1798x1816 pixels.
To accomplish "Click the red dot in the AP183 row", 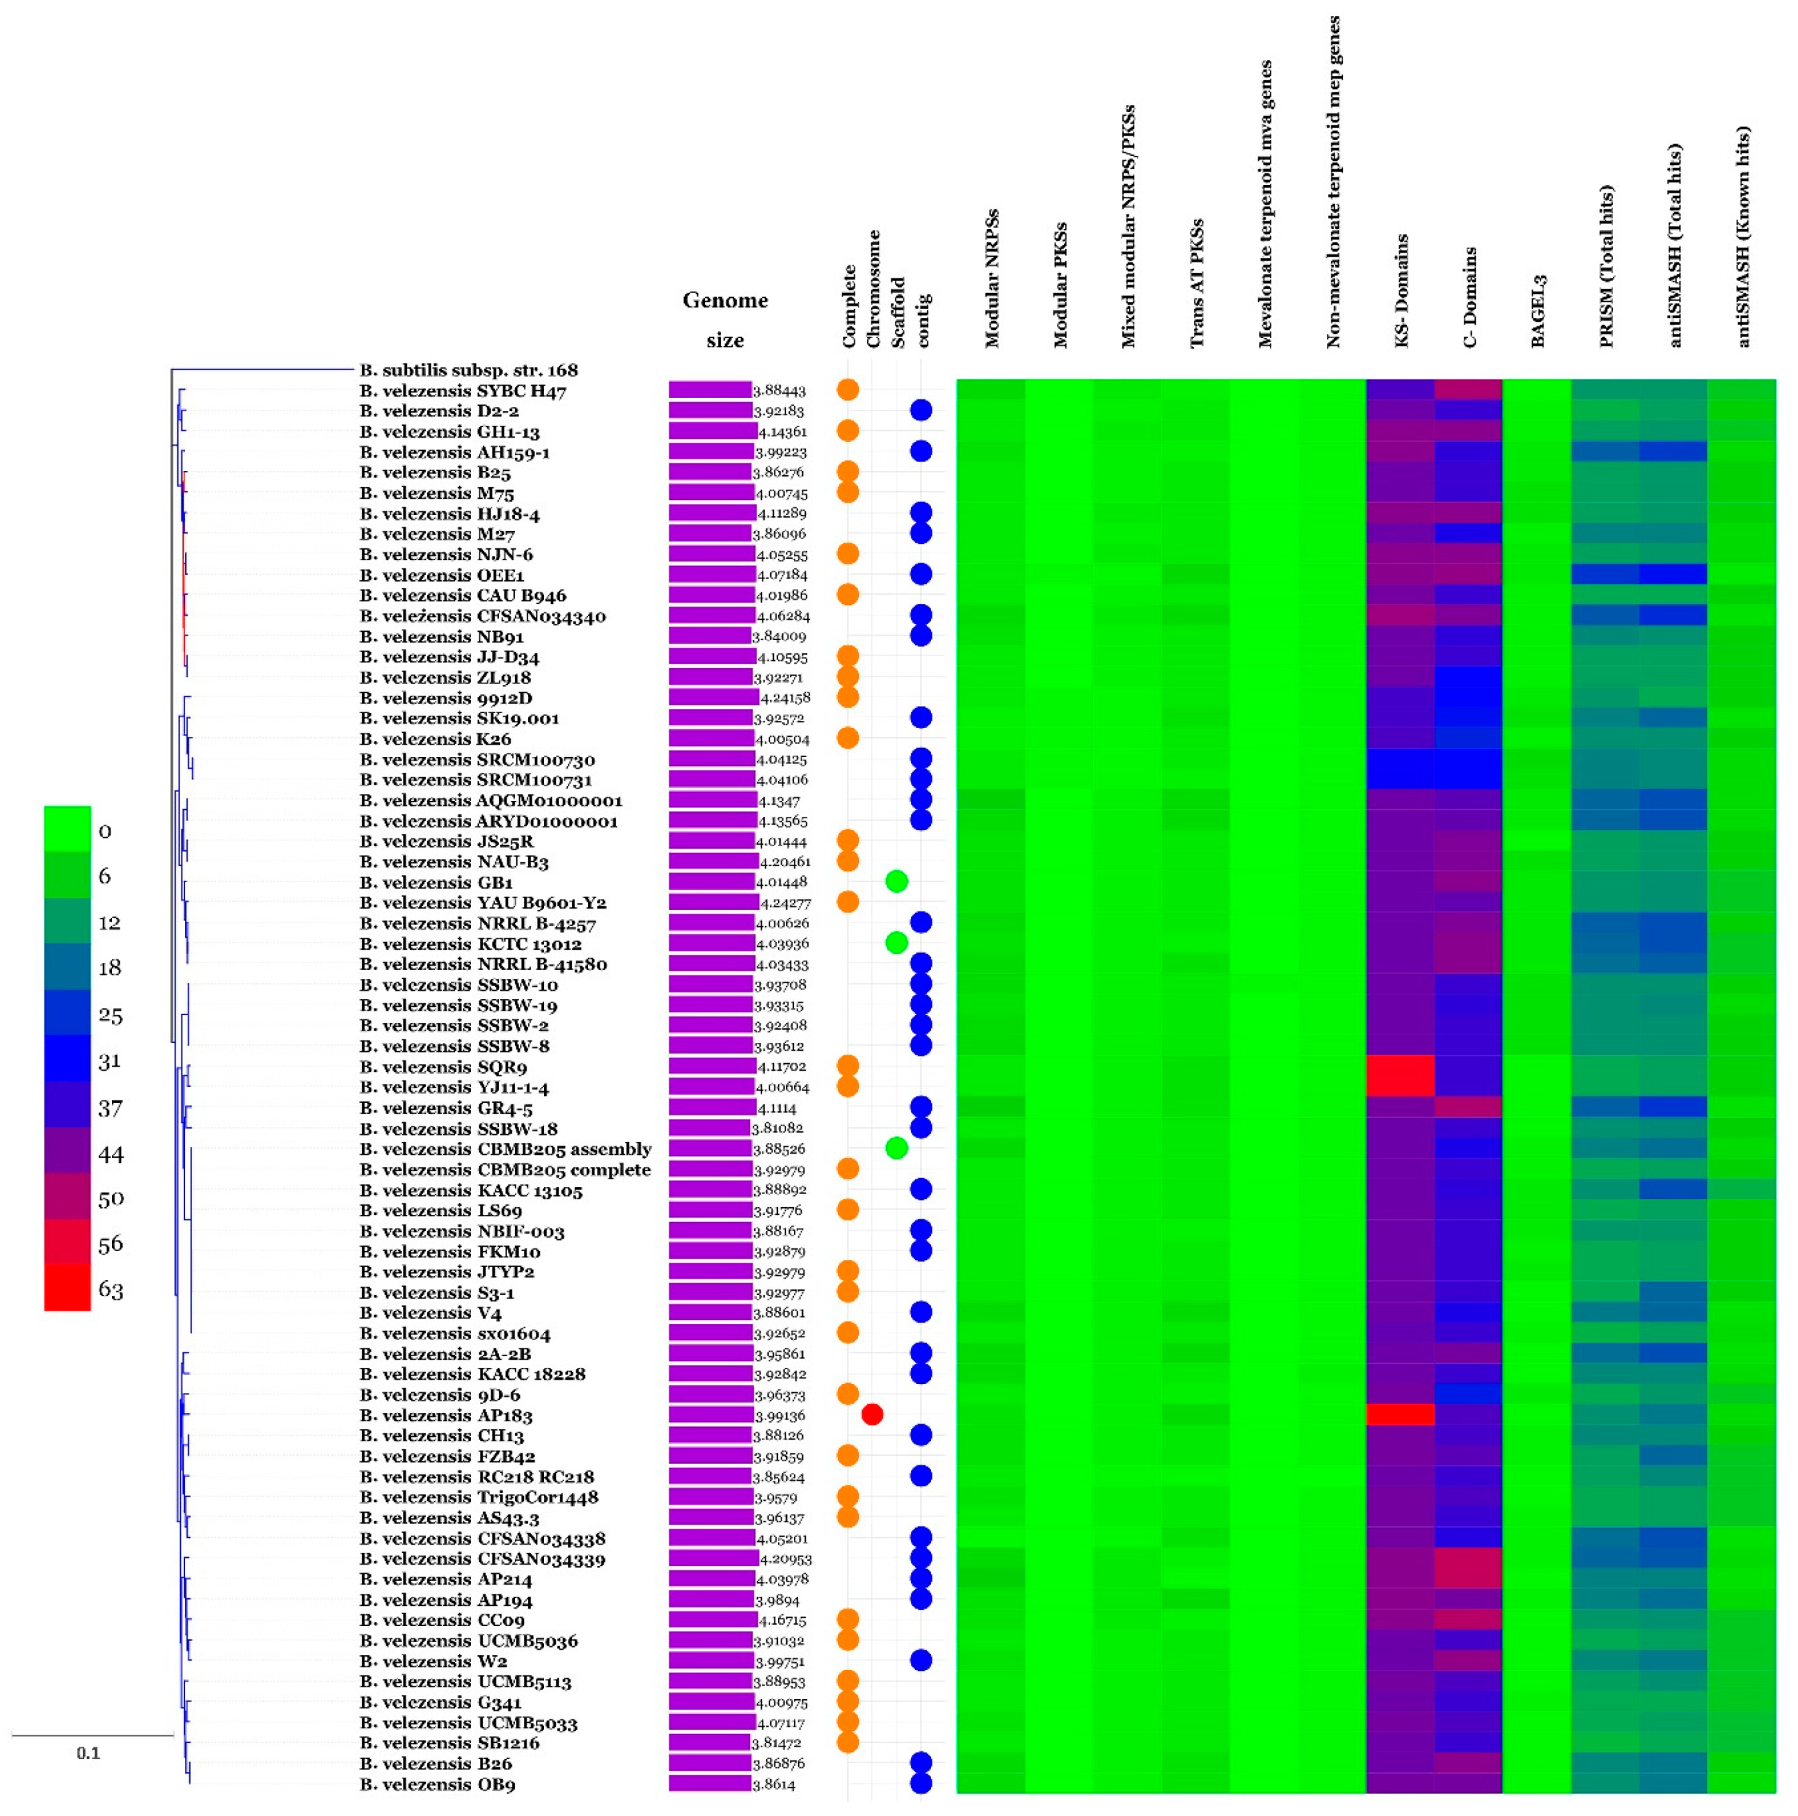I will pyautogui.click(x=871, y=1414).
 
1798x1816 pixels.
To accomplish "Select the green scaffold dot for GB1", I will pyautogui.click(x=896, y=881).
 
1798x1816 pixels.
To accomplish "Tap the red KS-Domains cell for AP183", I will pyautogui.click(x=1399, y=1414).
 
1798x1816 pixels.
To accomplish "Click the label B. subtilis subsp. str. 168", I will pyautogui.click(x=468, y=370).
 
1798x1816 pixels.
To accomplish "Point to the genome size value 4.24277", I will pyautogui.click(x=785, y=902).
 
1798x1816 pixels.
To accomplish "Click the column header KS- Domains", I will pyautogui.click(x=1401, y=292).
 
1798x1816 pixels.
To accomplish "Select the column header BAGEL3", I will pyautogui.click(x=1538, y=311).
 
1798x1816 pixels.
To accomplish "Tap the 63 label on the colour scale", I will pyautogui.click(x=110, y=1289).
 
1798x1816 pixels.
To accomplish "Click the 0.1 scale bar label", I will pyautogui.click(x=88, y=1753).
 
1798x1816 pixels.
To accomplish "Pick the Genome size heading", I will pyautogui.click(x=724, y=319).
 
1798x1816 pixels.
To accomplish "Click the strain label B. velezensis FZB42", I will pyautogui.click(x=447, y=1456).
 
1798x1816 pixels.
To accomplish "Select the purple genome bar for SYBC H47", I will pyautogui.click(x=710, y=389).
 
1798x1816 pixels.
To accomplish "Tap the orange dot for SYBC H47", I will pyautogui.click(x=848, y=389).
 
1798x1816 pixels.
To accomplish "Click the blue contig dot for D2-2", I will pyautogui.click(x=920, y=410).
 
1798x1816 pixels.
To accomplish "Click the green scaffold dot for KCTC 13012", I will pyautogui.click(x=896, y=943).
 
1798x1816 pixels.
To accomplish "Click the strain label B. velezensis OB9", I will pyautogui.click(x=437, y=1784).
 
